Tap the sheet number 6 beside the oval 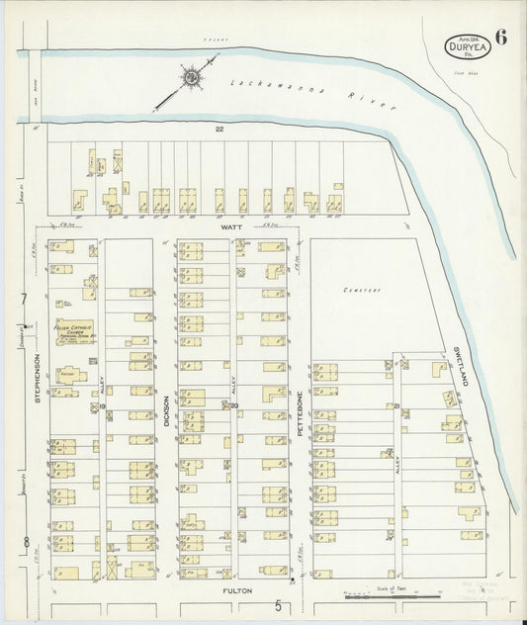pyautogui.click(x=501, y=40)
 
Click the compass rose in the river pyautogui.click(x=190, y=77)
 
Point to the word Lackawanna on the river pyautogui.click(x=264, y=88)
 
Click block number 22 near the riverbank pyautogui.click(x=220, y=129)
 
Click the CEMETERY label pyautogui.click(x=362, y=291)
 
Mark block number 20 pyautogui.click(x=234, y=404)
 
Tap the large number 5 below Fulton pyautogui.click(x=279, y=605)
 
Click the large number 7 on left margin pyautogui.click(x=24, y=299)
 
